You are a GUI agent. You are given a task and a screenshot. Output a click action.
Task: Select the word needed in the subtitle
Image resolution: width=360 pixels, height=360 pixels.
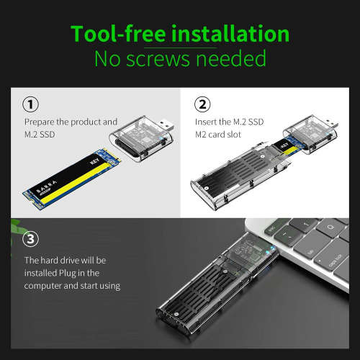[230, 58]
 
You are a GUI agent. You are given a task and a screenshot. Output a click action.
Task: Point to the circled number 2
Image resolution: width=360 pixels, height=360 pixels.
[204, 104]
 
